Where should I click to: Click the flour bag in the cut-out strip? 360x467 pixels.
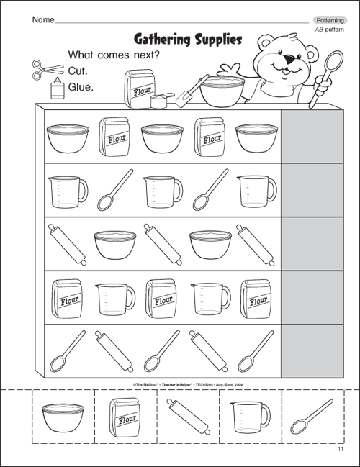click(124, 415)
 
